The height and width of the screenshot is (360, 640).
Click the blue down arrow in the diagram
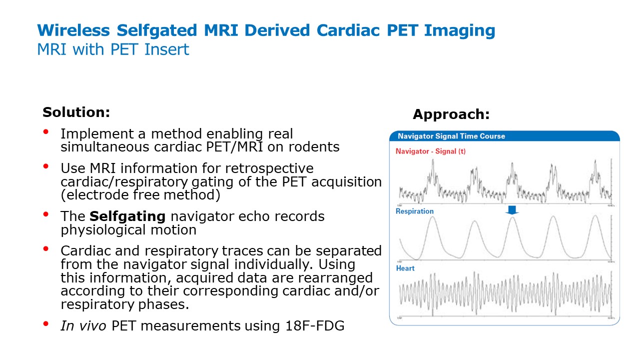(x=512, y=210)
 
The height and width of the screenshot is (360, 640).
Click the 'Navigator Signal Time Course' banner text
(x=451, y=136)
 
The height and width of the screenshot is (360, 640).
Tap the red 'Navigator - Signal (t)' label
(x=430, y=151)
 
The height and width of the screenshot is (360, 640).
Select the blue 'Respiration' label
(x=414, y=211)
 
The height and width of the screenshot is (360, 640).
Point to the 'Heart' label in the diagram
(x=405, y=268)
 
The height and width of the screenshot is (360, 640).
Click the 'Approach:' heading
(x=451, y=114)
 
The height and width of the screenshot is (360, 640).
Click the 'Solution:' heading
(x=76, y=112)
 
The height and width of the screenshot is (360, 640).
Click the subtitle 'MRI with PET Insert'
(x=113, y=49)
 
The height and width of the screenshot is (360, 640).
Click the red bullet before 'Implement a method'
(x=46, y=132)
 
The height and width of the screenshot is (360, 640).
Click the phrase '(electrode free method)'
(x=140, y=194)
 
